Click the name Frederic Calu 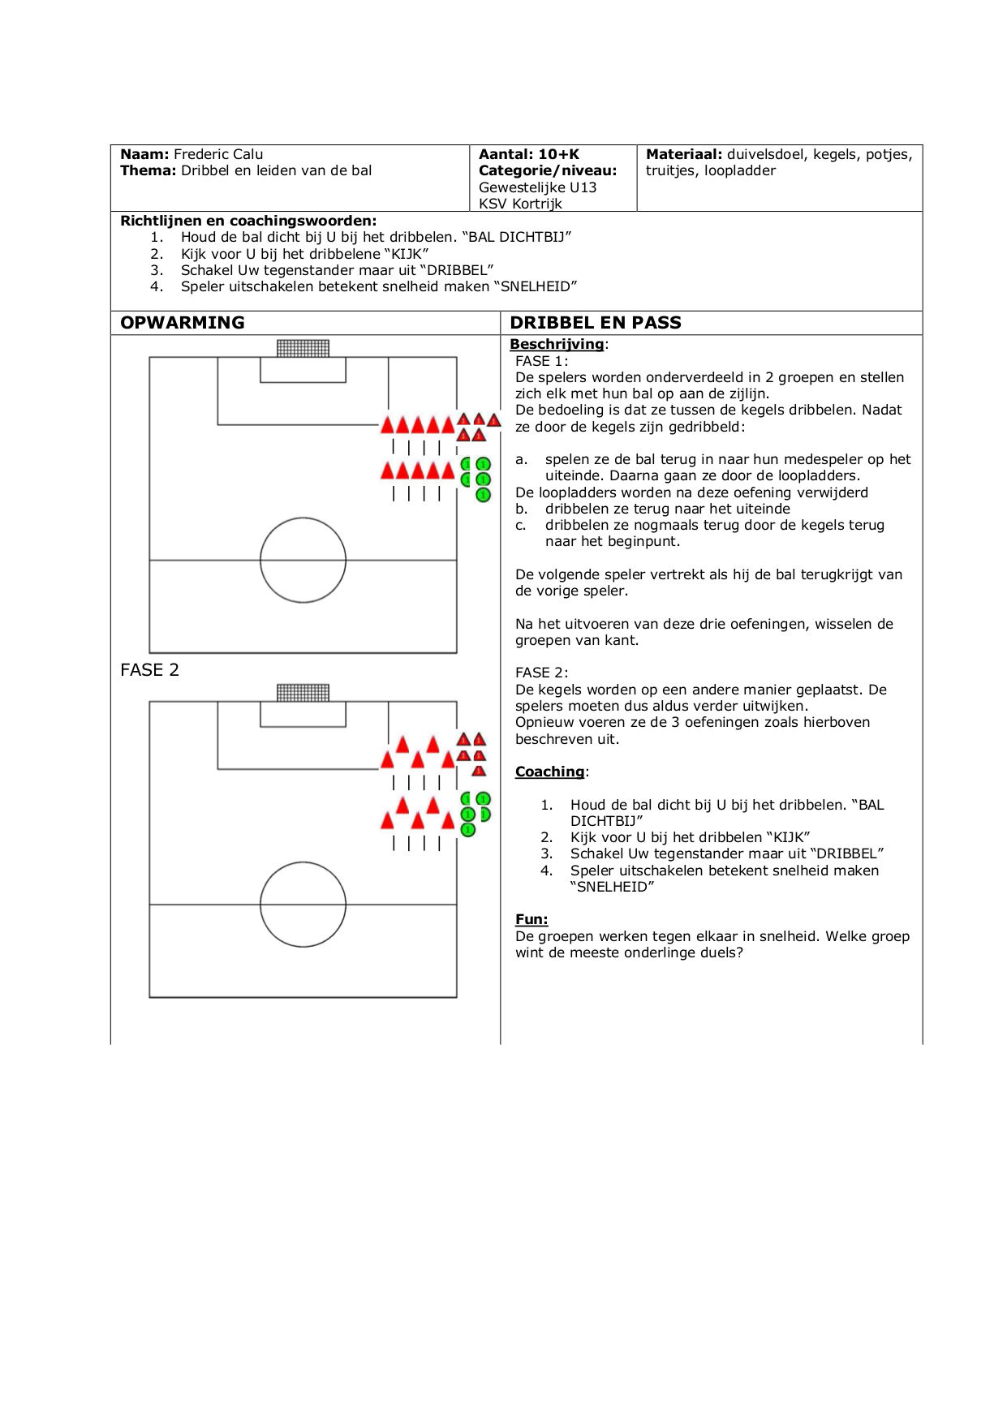click(x=218, y=154)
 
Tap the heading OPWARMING click(x=183, y=323)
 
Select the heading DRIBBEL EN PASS click(x=596, y=323)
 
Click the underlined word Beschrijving click(x=557, y=344)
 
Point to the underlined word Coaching click(x=550, y=772)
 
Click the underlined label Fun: click(x=531, y=919)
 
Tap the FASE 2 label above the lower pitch click(x=149, y=670)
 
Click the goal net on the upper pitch click(x=303, y=349)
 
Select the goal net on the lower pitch click(x=303, y=693)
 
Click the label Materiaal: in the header click(x=684, y=154)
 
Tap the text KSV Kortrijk click(x=520, y=204)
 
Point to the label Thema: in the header click(x=148, y=170)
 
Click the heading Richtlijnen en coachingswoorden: click(x=248, y=221)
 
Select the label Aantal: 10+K click(x=529, y=154)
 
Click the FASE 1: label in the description click(x=542, y=361)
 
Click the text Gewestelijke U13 click(x=538, y=187)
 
